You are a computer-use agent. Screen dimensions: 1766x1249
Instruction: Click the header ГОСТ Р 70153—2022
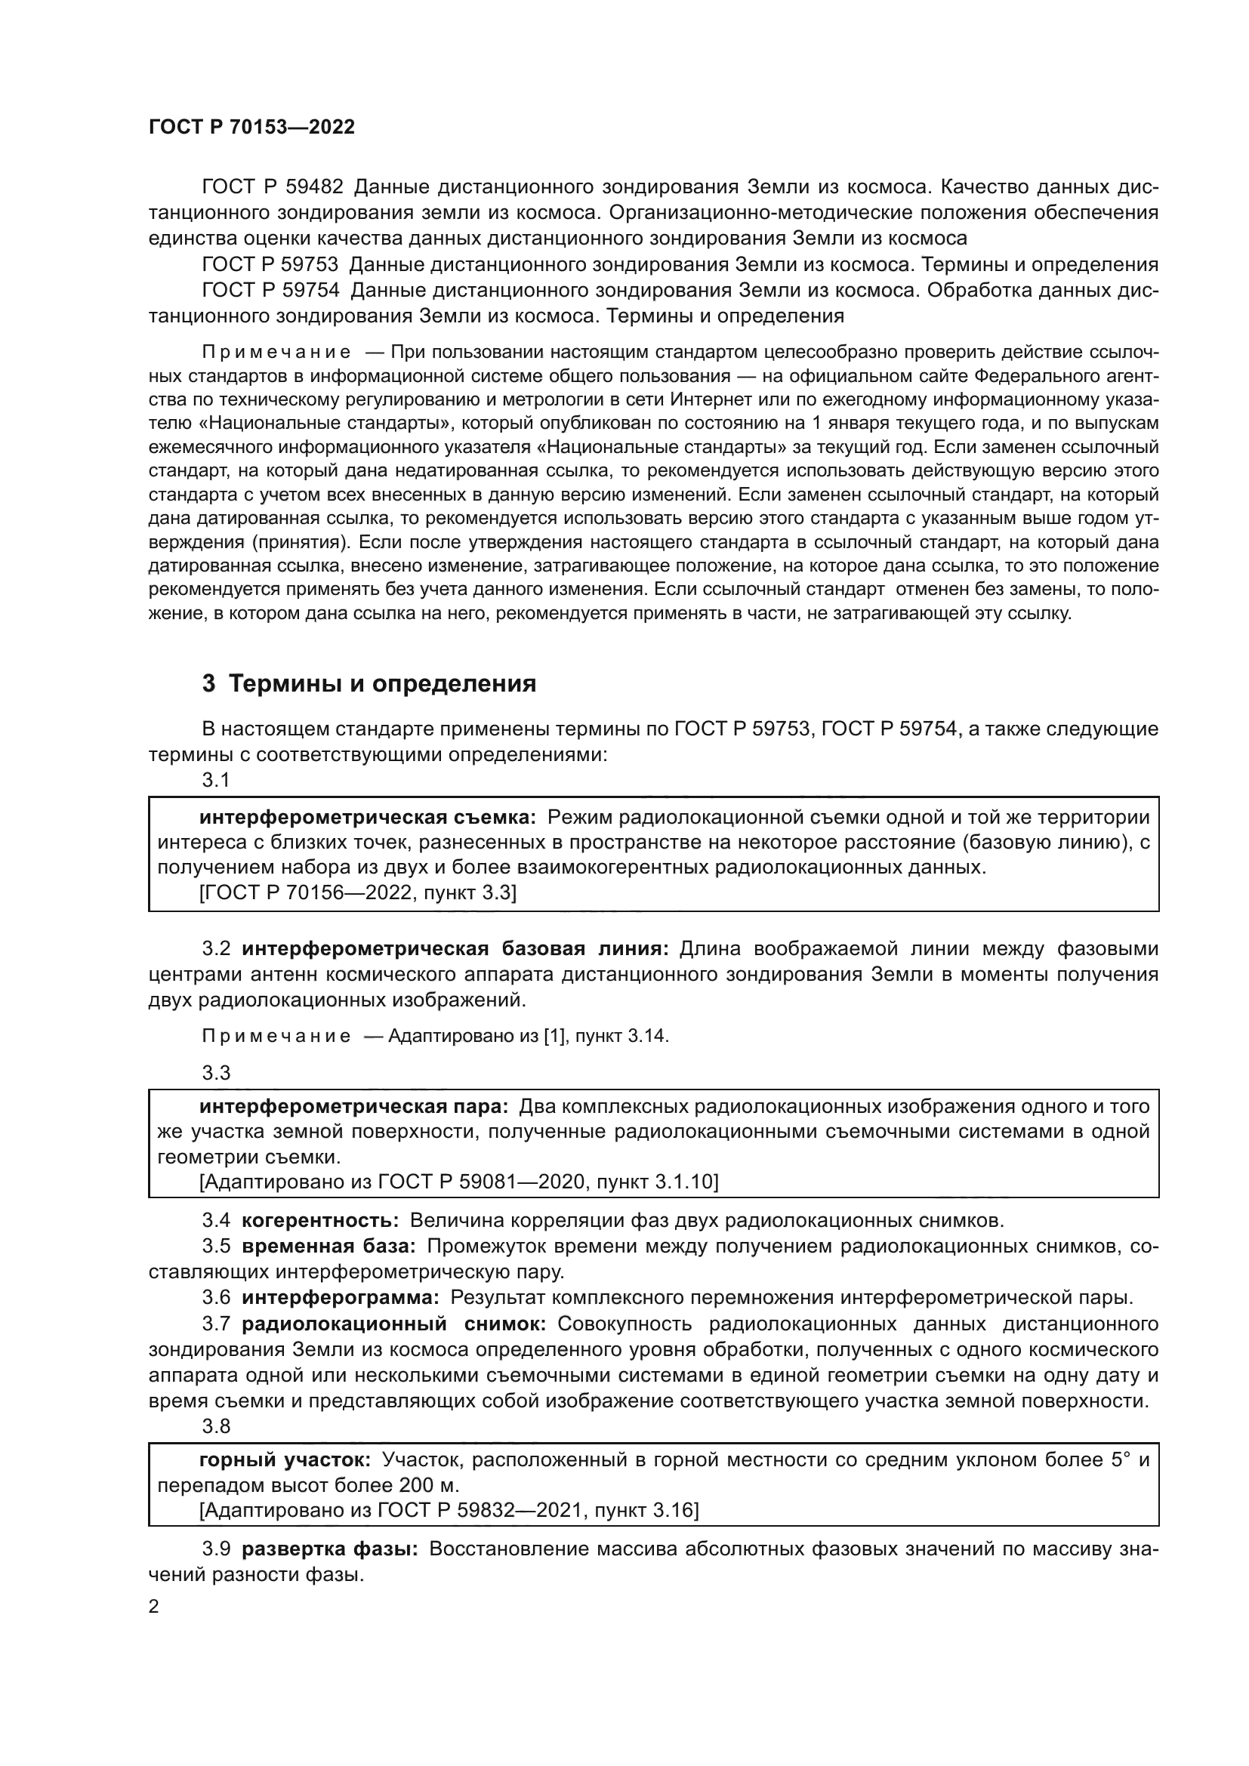pos(251,128)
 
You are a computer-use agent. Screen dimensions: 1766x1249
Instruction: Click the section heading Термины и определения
pos(382,684)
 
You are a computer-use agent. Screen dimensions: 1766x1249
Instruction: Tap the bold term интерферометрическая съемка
pos(368,818)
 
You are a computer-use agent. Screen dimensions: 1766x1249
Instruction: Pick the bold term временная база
pos(328,1246)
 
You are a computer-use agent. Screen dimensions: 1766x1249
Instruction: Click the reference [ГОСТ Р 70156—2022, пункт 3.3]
pos(358,893)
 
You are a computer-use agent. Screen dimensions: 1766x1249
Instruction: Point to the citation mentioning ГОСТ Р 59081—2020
pos(458,1182)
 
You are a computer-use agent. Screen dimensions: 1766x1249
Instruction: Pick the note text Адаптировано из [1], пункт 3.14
pos(529,1036)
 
